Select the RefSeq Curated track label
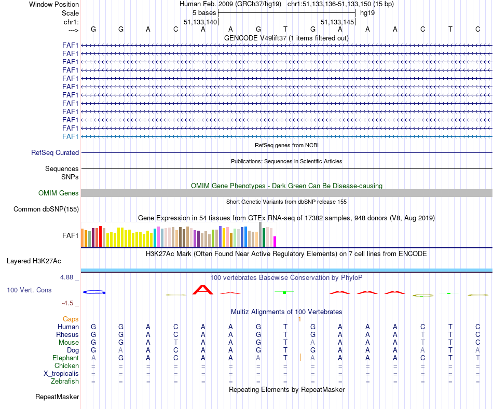pos(55,153)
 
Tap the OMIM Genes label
pos(59,193)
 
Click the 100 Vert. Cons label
pos(29,290)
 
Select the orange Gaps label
pos(71,319)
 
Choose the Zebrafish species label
pos(65,382)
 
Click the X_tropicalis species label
pos(61,374)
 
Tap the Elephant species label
pos(65,358)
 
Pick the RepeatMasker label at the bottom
pos(57,397)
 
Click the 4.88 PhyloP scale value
pos(67,277)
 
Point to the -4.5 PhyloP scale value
pos(68,303)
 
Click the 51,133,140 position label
pos(200,22)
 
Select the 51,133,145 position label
pos(337,22)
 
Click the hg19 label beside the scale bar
pos(367,12)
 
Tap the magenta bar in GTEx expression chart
pos(275,242)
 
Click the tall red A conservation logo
pos(203,290)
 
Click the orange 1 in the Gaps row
pos(299,319)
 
